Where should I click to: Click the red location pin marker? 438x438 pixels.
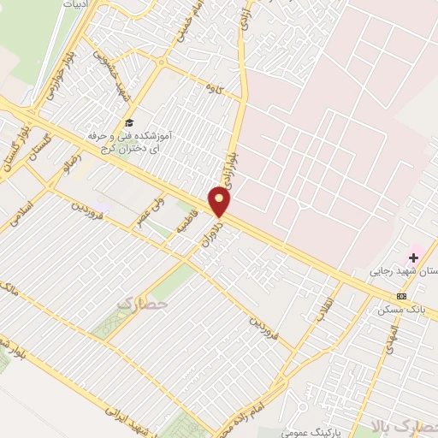click(220, 202)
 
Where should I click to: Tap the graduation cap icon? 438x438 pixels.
click(129, 122)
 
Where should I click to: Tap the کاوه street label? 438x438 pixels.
click(213, 88)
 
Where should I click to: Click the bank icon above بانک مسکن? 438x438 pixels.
click(401, 296)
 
